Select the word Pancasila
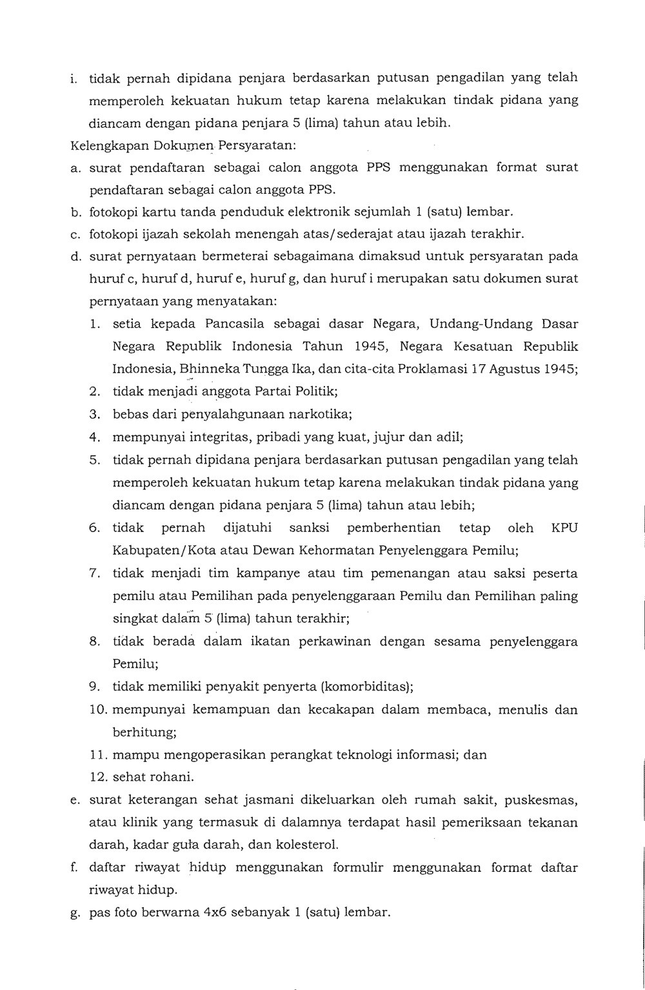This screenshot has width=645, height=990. click(233, 324)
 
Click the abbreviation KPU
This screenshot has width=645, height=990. click(564, 528)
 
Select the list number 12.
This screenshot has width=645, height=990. click(99, 777)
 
